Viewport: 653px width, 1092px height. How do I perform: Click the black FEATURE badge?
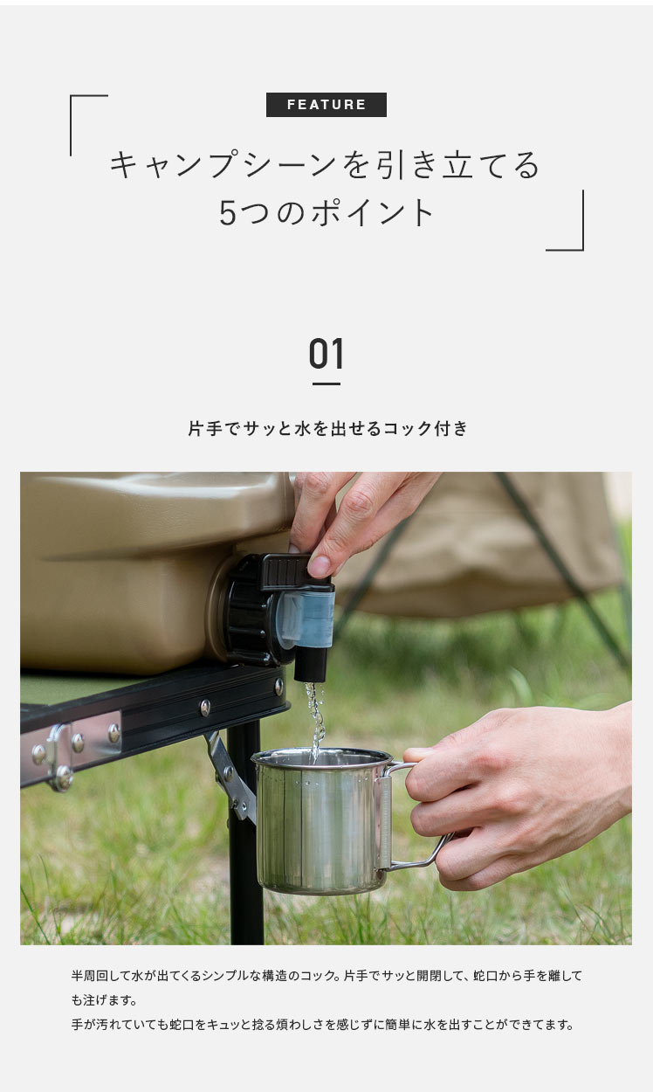(326, 104)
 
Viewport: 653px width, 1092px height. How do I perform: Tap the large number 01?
(326, 354)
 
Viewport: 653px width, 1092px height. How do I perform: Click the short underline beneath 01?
(326, 384)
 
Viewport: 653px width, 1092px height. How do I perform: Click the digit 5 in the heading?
(228, 213)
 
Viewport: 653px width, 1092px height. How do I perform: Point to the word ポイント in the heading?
(373, 213)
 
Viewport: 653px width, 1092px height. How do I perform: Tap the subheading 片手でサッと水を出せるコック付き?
(327, 429)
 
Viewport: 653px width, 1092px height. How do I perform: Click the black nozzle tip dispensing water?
(310, 664)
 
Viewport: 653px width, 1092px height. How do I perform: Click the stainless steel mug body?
(321, 820)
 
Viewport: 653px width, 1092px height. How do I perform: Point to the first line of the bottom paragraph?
(326, 976)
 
